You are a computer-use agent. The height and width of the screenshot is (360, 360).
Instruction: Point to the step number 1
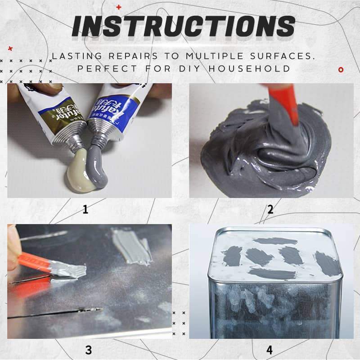click(85, 209)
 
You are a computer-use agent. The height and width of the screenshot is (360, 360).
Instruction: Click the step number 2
click(270, 209)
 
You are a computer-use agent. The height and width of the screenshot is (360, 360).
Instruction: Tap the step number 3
click(88, 350)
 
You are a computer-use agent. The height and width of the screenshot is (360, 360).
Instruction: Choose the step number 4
click(270, 350)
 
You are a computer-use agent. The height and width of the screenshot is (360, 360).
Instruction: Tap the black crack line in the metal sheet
click(54, 313)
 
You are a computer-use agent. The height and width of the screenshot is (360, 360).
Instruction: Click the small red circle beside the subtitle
click(341, 69)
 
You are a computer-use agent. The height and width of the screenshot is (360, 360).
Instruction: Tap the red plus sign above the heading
click(118, 7)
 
